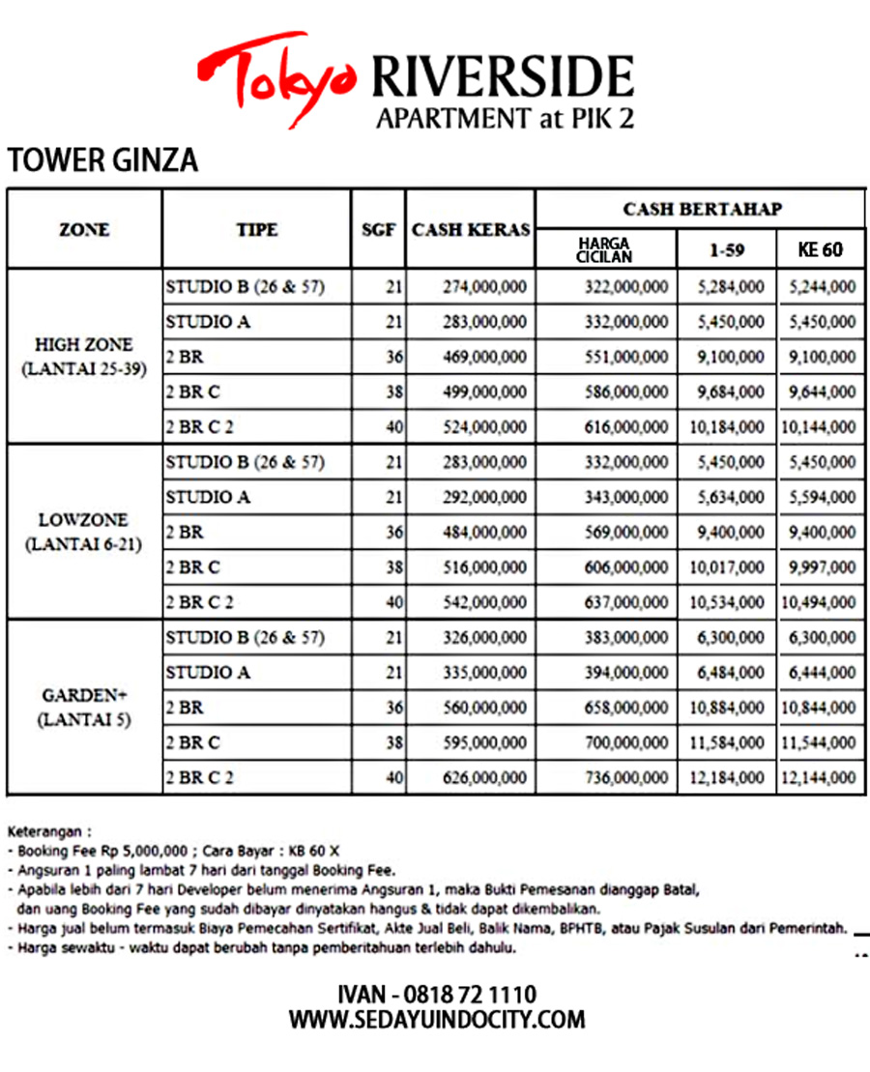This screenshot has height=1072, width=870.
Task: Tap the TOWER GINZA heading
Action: pyautogui.click(x=102, y=159)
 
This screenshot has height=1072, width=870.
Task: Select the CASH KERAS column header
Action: pyautogui.click(x=471, y=230)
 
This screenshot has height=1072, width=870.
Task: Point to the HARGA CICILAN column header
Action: pyautogui.click(x=605, y=248)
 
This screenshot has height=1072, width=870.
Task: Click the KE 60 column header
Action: pyautogui.click(x=820, y=249)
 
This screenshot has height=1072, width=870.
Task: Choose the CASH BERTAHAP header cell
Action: pyautogui.click(x=702, y=209)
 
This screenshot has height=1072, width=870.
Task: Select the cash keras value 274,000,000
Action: pyautogui.click(x=484, y=286)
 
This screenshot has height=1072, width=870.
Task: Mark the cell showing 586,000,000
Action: pyautogui.click(x=625, y=392)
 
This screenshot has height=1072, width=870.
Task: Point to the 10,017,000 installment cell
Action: pyautogui.click(x=727, y=567)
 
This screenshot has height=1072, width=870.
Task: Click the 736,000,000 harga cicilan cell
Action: pyautogui.click(x=625, y=777)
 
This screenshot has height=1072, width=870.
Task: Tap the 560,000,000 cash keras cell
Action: pyautogui.click(x=484, y=708)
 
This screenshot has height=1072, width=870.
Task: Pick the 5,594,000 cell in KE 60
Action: pyautogui.click(x=822, y=498)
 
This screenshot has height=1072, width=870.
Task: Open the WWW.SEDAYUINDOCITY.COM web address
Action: pyautogui.click(x=437, y=1019)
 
